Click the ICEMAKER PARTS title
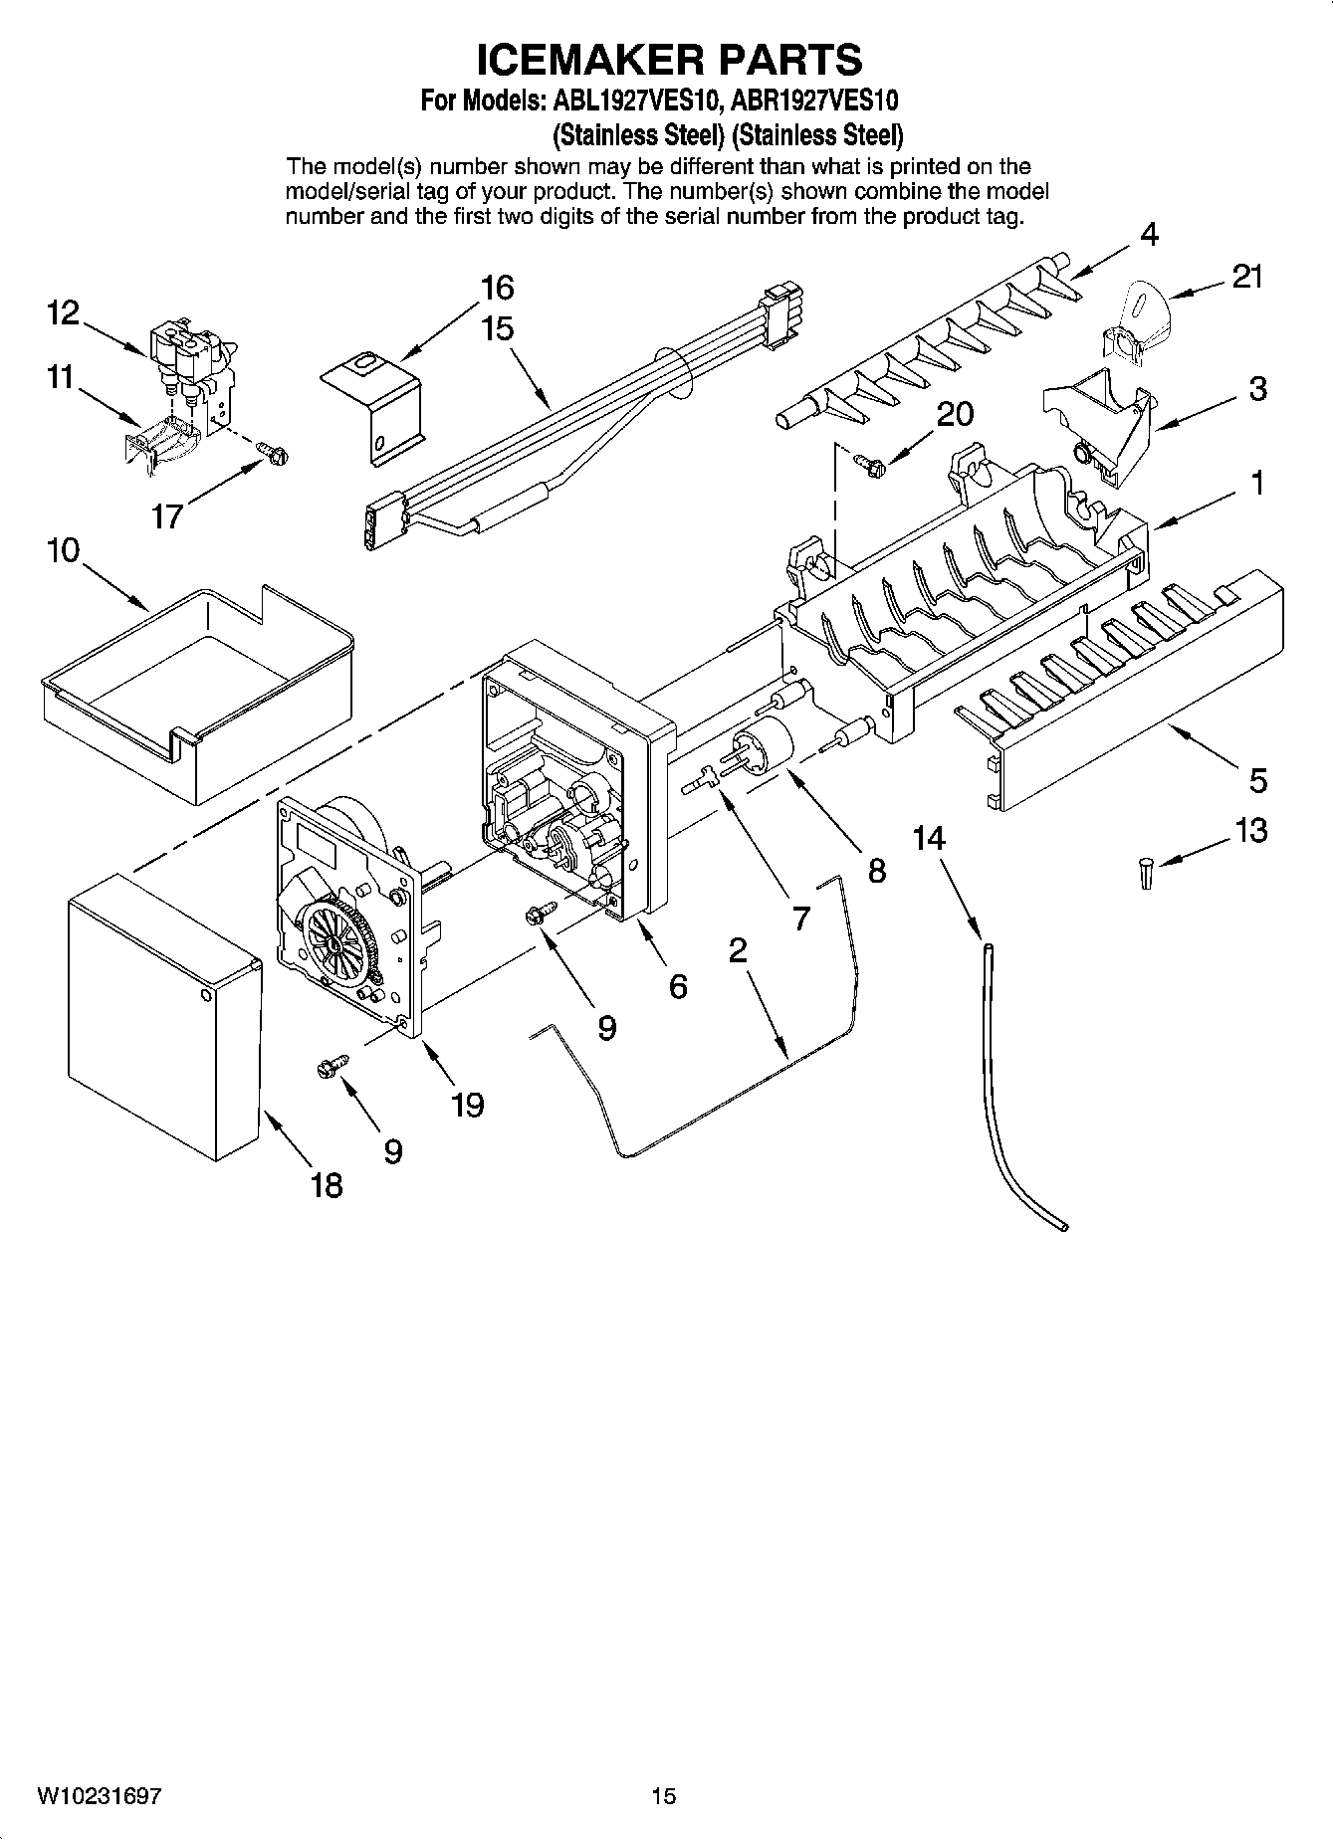tap(669, 59)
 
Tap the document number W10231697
tap(100, 1796)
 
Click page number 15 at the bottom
tap(664, 1796)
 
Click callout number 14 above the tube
tap(928, 839)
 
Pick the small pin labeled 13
tap(1146, 874)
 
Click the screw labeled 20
tap(869, 460)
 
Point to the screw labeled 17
tap(273, 453)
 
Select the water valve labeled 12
tap(189, 353)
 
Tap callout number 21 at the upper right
tap(1247, 278)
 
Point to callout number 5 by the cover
tap(1257, 780)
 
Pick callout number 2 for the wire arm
tap(737, 950)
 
